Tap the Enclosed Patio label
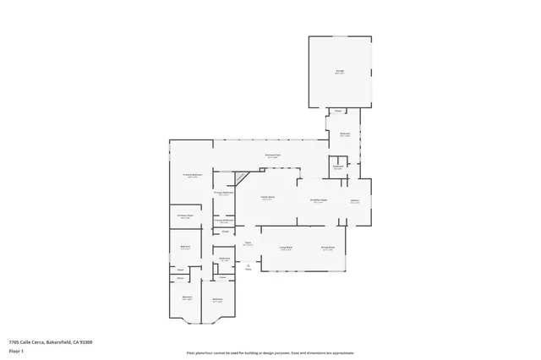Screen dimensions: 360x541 [272, 156]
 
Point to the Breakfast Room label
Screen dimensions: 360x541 [319, 200]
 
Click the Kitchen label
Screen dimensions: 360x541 [355, 201]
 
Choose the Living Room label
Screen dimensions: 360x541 [286, 248]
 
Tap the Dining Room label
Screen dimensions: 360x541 [327, 248]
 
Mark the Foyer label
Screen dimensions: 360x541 [249, 243]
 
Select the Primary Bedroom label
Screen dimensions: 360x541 [192, 176]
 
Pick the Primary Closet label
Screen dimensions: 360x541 [185, 216]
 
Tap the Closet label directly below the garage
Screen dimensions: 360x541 [337, 112]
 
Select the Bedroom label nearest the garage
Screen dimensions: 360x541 [345, 134]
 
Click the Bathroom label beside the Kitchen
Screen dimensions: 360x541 [337, 167]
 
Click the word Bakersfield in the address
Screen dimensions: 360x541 [57, 341]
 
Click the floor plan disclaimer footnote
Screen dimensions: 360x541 [270, 352]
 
